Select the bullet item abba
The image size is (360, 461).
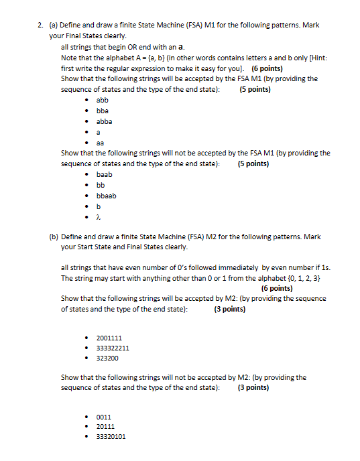(x=105, y=122)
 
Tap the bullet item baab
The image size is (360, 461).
(x=105, y=174)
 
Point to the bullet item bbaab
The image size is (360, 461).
(x=107, y=196)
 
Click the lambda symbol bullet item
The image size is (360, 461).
(x=99, y=217)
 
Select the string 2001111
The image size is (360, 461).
(x=109, y=338)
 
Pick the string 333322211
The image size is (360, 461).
(x=113, y=348)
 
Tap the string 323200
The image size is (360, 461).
(x=107, y=358)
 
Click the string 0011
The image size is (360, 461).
(x=104, y=416)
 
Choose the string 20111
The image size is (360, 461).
(x=106, y=426)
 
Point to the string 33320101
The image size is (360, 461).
(x=111, y=436)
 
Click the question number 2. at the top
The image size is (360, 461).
(x=40, y=25)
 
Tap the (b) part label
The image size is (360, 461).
(x=54, y=237)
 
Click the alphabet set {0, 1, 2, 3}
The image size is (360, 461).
(x=310, y=277)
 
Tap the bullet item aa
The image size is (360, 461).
(x=100, y=143)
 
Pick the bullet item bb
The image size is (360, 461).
(x=101, y=185)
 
